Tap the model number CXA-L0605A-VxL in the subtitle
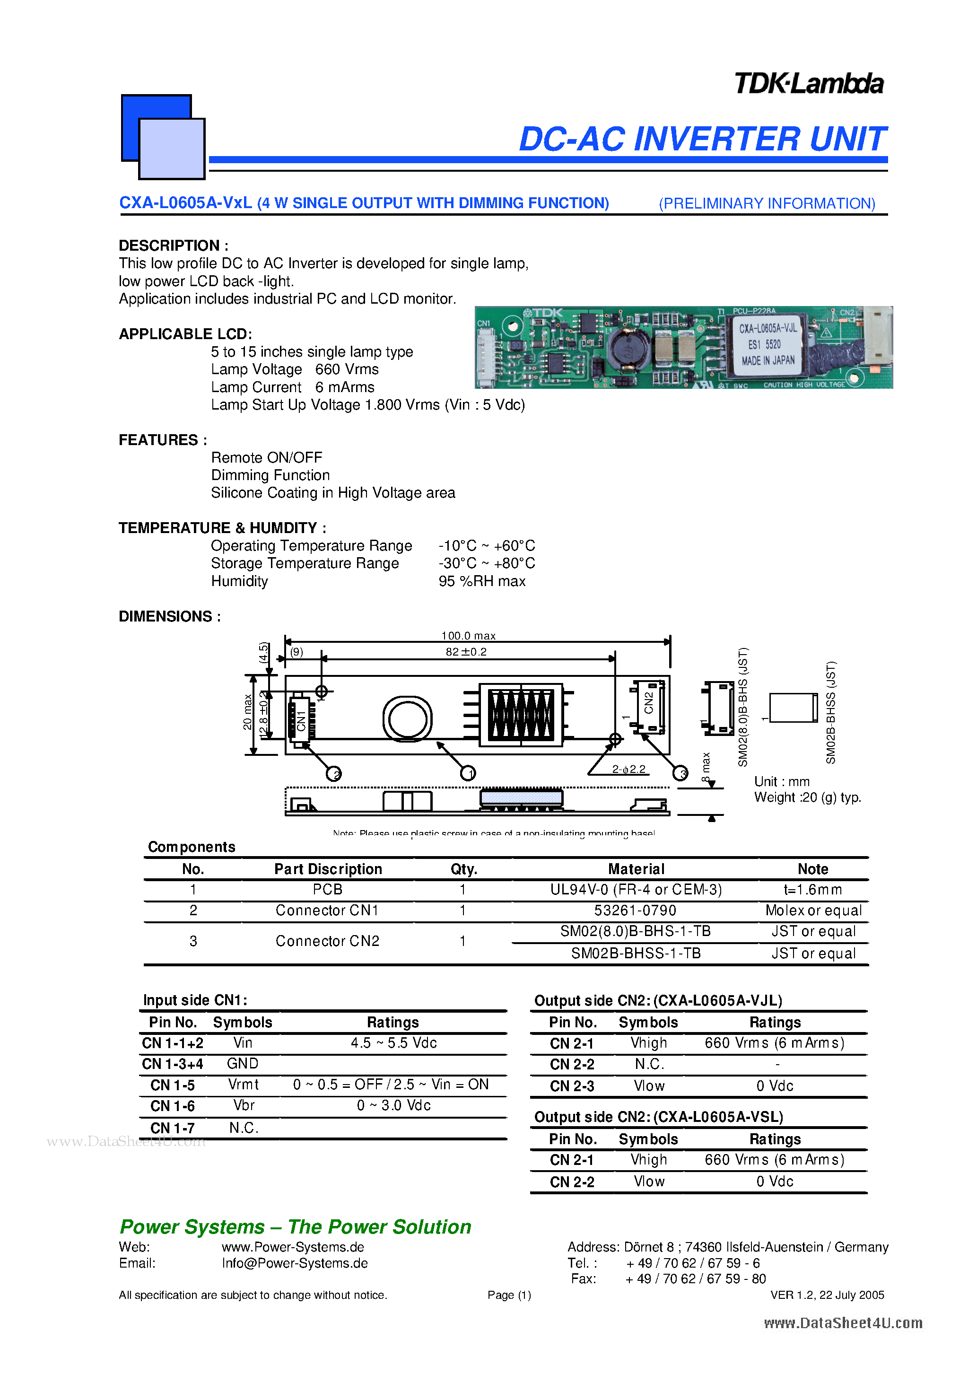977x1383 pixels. click(x=185, y=203)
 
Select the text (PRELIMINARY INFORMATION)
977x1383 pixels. click(x=767, y=203)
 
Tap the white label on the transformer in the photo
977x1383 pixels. click(x=768, y=344)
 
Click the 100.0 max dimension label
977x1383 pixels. click(x=468, y=636)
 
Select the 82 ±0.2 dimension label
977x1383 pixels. click(x=466, y=652)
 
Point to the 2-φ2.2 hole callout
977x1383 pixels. click(x=628, y=769)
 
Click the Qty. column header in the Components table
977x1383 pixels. click(x=463, y=869)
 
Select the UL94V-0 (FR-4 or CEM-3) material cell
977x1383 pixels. click(x=636, y=890)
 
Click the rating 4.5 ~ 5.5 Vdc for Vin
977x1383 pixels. click(x=393, y=1042)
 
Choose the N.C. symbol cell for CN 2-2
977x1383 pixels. click(x=649, y=1064)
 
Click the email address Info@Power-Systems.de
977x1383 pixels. click(x=295, y=1263)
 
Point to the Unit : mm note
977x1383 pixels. click(x=781, y=781)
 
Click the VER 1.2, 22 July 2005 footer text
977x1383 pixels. click(x=827, y=1295)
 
